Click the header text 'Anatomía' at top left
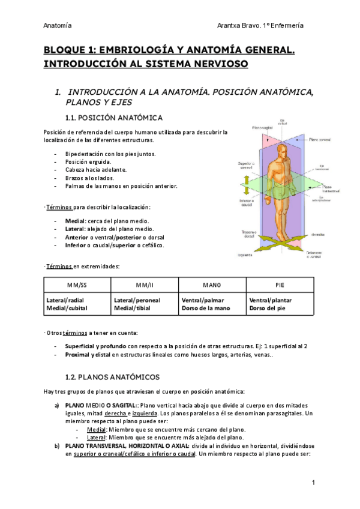pyautogui.click(x=58, y=25)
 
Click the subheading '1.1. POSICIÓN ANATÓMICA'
pyautogui.click(x=121, y=116)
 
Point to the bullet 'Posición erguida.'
pyautogui.click(x=88, y=162)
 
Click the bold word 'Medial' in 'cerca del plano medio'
pyautogui.click(x=75, y=221)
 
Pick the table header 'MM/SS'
pyautogui.click(x=77, y=285)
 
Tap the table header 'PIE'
pyautogui.click(x=280, y=285)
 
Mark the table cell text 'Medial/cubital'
pyautogui.click(x=67, y=309)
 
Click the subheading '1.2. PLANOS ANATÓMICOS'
pyautogui.click(x=112, y=377)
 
